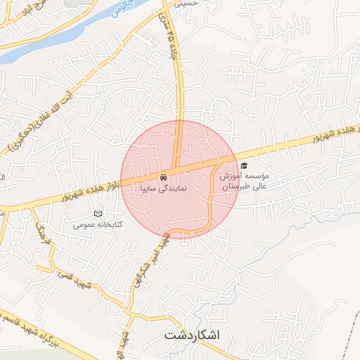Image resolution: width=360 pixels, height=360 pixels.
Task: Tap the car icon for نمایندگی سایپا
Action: [163, 176]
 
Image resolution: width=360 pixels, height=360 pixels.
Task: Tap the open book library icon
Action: [98, 214]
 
